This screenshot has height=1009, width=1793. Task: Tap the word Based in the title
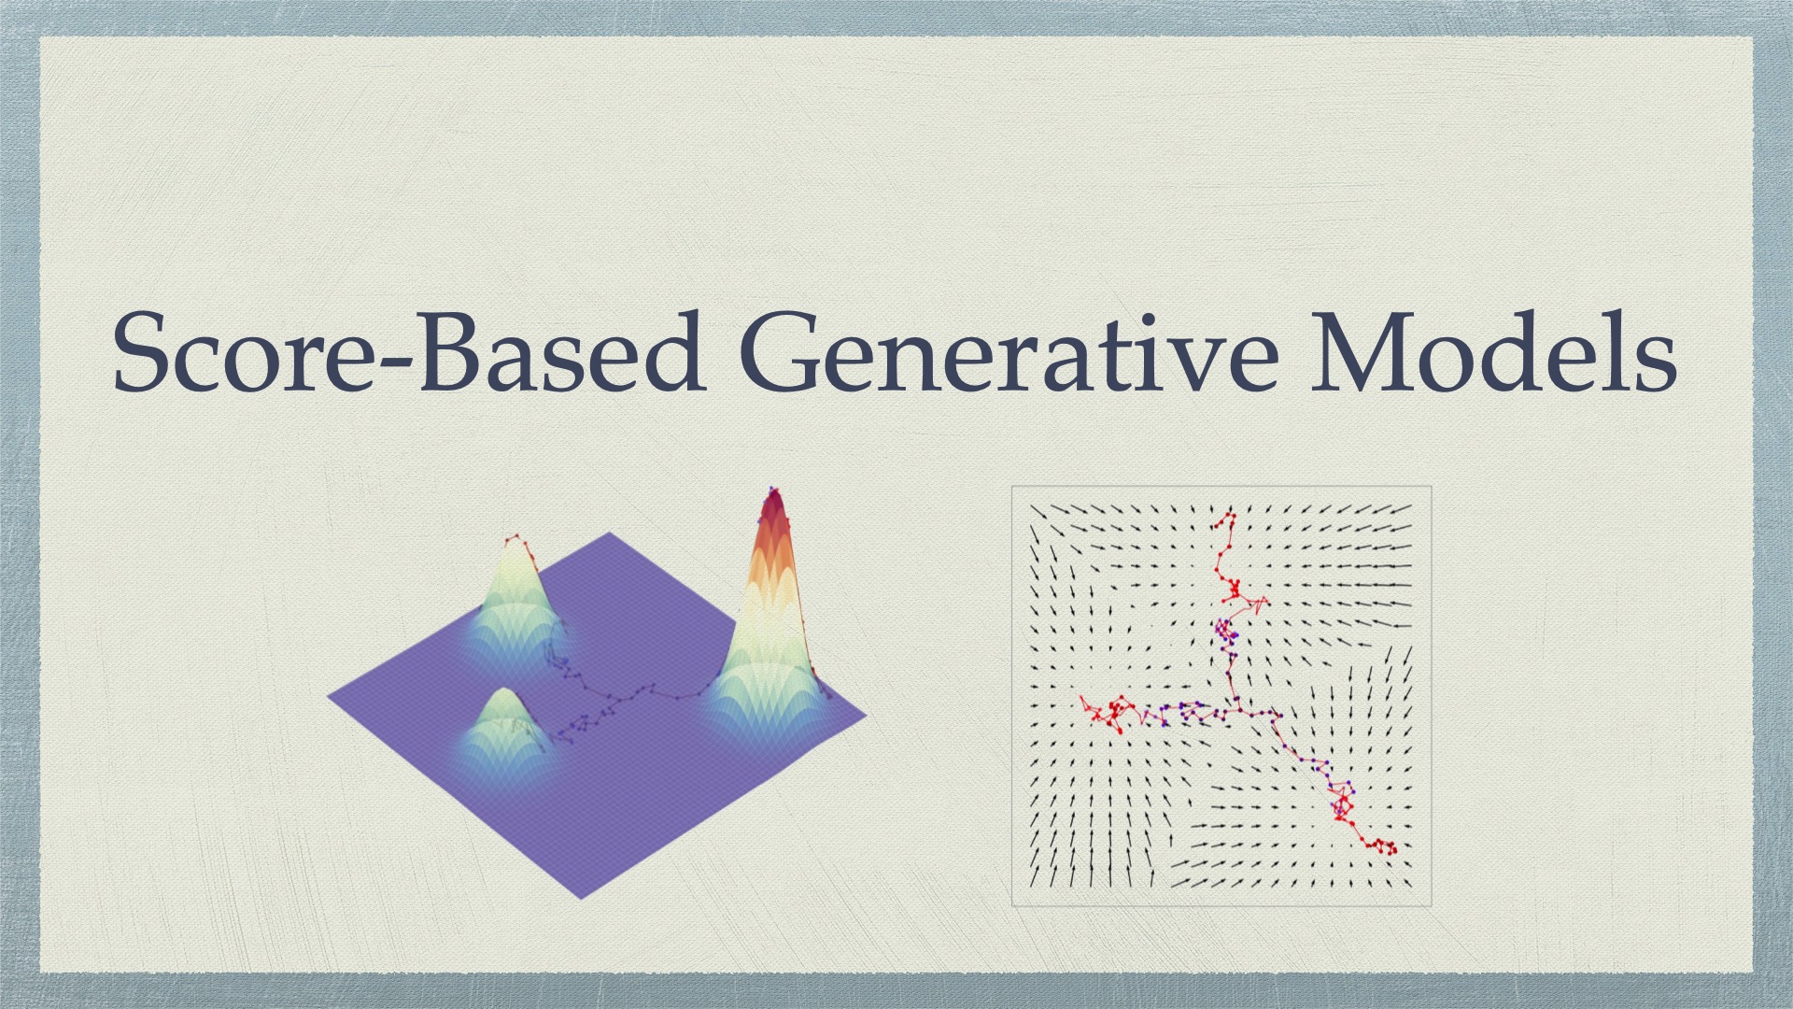[561, 353]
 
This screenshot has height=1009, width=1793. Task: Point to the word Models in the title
[1493, 353]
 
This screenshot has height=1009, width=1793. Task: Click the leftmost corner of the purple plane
[330, 696]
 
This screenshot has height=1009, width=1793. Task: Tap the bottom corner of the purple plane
[581, 898]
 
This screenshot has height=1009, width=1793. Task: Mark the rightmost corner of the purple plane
[865, 717]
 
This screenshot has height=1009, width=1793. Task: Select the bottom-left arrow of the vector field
[1034, 879]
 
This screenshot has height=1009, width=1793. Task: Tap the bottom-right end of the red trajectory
[1392, 850]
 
